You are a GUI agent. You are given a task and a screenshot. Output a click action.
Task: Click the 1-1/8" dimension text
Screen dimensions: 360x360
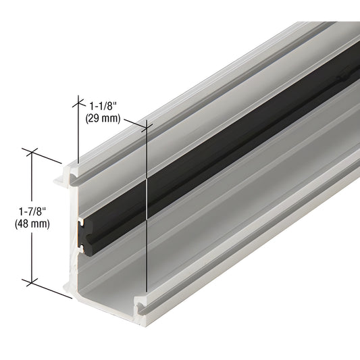click(x=103, y=105)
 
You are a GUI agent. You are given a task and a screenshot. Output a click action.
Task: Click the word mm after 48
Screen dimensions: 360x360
click(x=40, y=225)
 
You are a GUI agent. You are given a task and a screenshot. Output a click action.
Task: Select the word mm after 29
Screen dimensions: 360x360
click(x=110, y=117)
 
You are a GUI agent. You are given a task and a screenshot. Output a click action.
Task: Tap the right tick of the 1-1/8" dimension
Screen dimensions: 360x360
click(x=146, y=125)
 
